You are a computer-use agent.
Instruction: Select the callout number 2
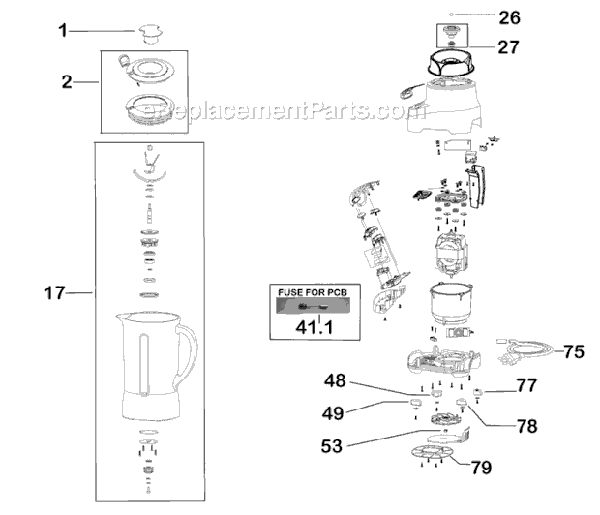pos(67,83)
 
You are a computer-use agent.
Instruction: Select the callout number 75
pos(574,351)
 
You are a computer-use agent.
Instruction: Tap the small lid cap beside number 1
pos(149,32)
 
